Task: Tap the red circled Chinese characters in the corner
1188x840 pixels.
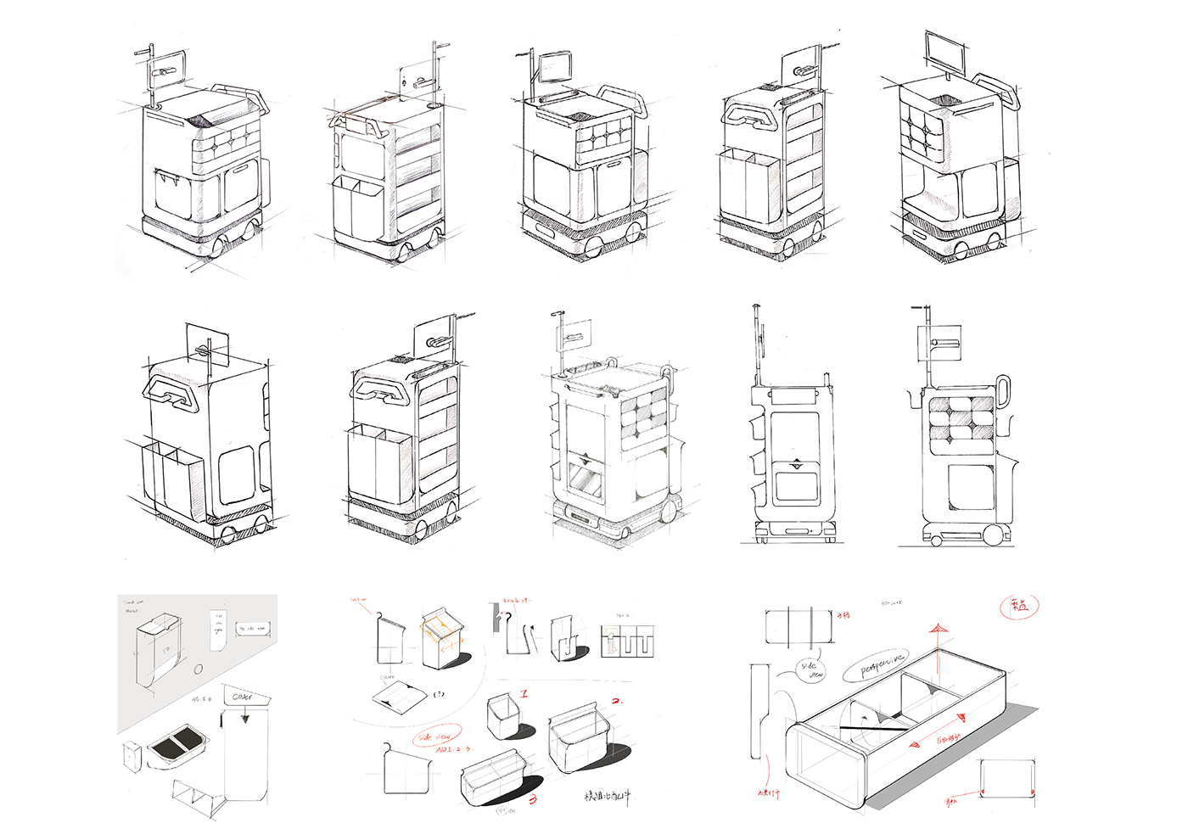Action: coord(1019,606)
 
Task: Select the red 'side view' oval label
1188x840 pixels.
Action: coord(436,736)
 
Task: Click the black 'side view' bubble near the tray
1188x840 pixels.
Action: coord(812,670)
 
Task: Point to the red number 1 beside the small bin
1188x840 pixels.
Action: coord(524,694)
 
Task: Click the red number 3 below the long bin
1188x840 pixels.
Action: coord(533,798)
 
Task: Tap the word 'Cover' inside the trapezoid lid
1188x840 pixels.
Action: coord(243,697)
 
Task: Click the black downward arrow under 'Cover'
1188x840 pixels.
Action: coord(245,717)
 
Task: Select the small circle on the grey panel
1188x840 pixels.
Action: coord(199,669)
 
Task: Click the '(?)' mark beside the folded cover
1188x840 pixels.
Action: coord(439,694)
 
